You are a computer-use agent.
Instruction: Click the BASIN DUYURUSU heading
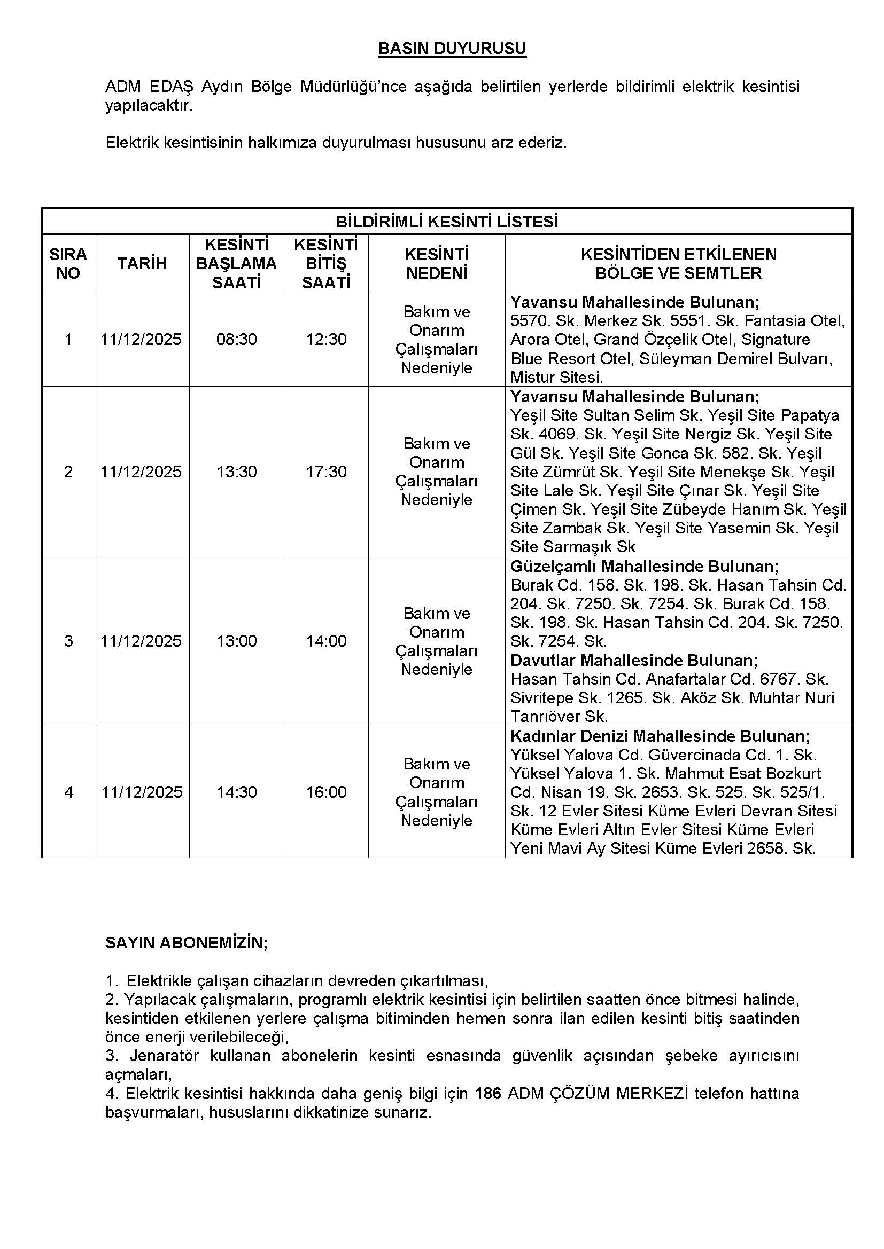452,49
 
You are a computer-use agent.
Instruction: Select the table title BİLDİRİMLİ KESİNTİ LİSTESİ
446,222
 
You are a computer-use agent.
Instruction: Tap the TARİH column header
142,264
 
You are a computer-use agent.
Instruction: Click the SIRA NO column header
68,264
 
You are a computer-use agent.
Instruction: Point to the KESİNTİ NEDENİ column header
437,264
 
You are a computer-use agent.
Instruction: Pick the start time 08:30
236,340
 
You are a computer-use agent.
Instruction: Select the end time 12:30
326,340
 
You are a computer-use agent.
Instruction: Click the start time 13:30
236,472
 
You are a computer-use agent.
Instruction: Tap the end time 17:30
326,472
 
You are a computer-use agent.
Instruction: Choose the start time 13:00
236,641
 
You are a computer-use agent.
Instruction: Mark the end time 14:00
326,641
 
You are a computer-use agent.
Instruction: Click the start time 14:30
236,792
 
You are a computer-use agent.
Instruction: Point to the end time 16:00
326,792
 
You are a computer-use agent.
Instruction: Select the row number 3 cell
68,641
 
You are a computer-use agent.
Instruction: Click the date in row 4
142,792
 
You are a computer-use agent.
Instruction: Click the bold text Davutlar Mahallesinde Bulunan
634,661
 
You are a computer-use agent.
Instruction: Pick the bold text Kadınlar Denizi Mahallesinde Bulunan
660,736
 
